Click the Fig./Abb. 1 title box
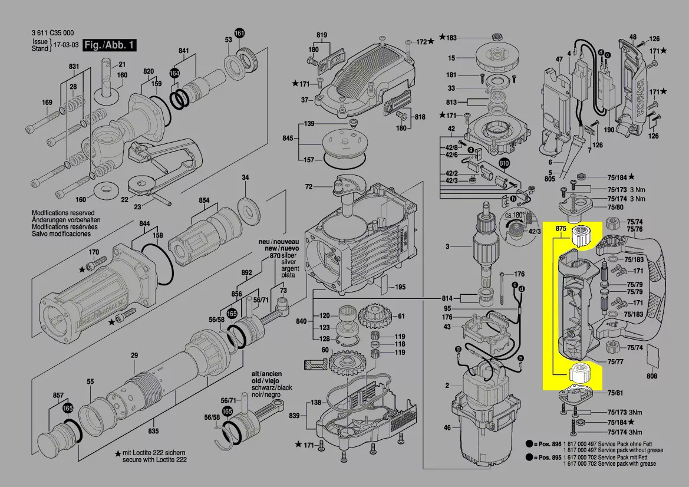point(110,45)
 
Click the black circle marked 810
point(504,163)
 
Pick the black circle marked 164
point(174,73)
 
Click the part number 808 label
point(651,376)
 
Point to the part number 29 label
point(134,355)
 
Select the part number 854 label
point(204,200)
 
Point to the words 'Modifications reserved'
point(62,213)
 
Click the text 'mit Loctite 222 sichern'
point(158,453)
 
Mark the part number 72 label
point(308,187)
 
